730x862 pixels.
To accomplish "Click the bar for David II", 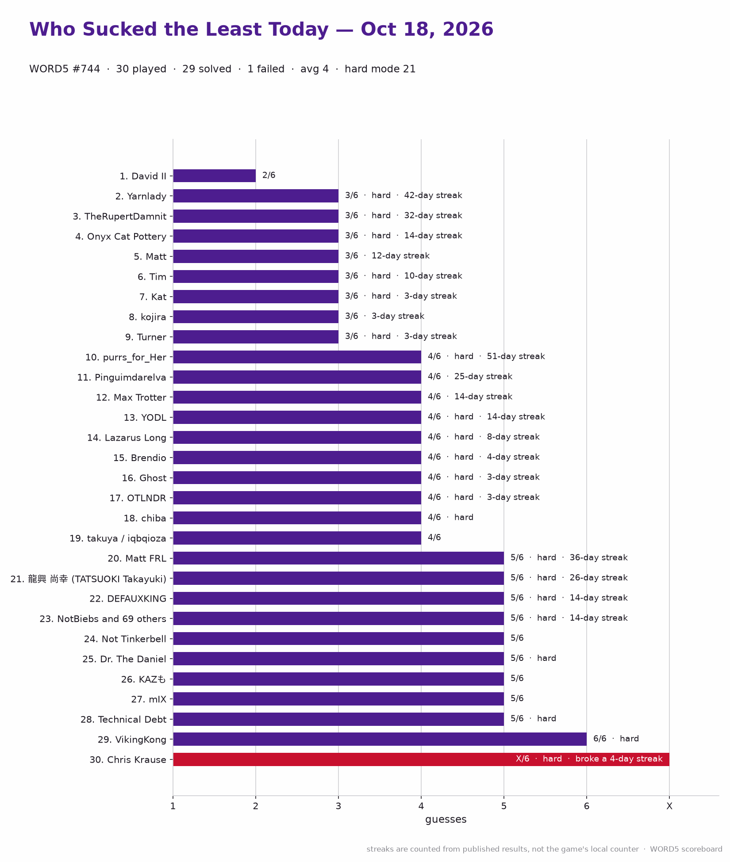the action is pos(214,176).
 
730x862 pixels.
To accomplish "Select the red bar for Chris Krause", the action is pos(421,759).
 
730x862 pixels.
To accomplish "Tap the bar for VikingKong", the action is pos(380,739).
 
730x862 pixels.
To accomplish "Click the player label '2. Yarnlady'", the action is pos(141,196).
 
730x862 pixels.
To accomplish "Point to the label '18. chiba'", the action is pos(145,518).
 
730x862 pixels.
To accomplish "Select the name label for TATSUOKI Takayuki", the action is pos(88,579).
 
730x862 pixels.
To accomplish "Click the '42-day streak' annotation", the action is pos(433,195).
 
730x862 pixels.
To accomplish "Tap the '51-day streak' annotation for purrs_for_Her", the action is pos(516,356).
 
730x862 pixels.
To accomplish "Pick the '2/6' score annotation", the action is pos(269,175).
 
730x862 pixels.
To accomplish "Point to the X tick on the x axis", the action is pos(669,806).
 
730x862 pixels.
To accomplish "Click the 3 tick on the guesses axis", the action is pos(338,806).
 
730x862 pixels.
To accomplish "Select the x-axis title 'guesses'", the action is pos(446,820).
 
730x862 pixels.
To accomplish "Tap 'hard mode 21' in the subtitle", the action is pos(380,69).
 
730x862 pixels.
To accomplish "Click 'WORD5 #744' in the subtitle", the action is pos(65,69).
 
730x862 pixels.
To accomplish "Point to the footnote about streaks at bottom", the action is pos(544,849).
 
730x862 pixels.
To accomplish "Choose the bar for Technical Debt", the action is pos(338,719).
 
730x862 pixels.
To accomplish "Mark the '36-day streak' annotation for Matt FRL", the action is pos(599,558).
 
